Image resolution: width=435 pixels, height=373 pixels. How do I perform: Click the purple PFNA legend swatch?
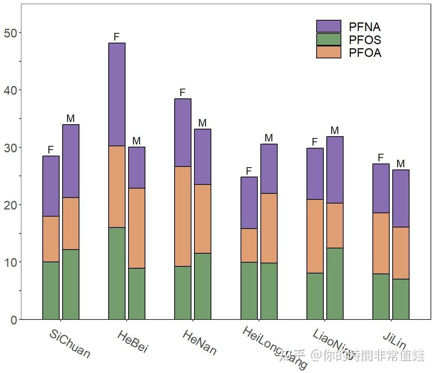pyautogui.click(x=329, y=27)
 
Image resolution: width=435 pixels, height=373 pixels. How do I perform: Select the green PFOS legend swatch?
pyautogui.click(x=329, y=40)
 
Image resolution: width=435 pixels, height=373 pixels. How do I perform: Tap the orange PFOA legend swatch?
pyautogui.click(x=329, y=52)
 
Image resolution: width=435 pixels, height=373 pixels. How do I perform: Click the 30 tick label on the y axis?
pyautogui.click(x=10, y=148)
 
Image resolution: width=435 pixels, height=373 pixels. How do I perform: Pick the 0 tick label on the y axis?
pyautogui.click(x=14, y=320)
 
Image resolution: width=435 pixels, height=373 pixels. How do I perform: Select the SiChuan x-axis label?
pyautogui.click(x=70, y=344)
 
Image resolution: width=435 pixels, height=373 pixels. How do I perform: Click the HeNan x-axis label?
pyautogui.click(x=199, y=342)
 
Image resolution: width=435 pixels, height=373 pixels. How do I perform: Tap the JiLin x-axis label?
pyautogui.click(x=395, y=340)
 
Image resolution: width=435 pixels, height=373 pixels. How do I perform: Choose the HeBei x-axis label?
pyautogui.click(x=133, y=341)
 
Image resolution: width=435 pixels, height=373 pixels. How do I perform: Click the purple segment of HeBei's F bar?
pyautogui.click(x=117, y=94)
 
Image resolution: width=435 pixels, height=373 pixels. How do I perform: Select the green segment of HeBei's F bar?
pyautogui.click(x=117, y=273)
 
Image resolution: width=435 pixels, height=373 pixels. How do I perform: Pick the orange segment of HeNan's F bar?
pyautogui.click(x=183, y=216)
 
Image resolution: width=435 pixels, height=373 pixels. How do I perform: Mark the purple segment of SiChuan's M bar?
pyautogui.click(x=71, y=161)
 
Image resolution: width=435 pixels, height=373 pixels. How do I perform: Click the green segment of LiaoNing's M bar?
pyautogui.click(x=335, y=284)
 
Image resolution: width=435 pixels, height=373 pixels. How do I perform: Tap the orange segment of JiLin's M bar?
pyautogui.click(x=401, y=253)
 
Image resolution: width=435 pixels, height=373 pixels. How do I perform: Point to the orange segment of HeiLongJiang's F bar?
pyautogui.click(x=249, y=245)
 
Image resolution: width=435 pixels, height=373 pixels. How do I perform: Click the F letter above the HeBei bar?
pyautogui.click(x=117, y=37)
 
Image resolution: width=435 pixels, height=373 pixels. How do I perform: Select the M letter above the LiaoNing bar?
pyautogui.click(x=335, y=131)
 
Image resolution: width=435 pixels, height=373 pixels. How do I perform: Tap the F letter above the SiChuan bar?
pyautogui.click(x=51, y=150)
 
